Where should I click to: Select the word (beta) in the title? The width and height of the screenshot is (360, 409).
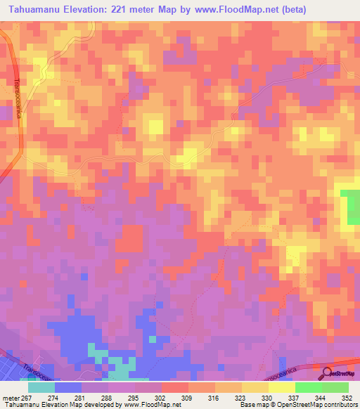coord(335,9)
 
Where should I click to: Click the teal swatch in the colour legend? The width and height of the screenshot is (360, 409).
coord(41,387)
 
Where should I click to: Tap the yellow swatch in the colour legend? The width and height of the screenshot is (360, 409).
coord(281,387)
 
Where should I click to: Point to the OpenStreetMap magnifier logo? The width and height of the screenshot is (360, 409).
coord(326,373)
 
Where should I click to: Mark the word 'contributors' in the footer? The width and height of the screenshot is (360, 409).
coord(337,405)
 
